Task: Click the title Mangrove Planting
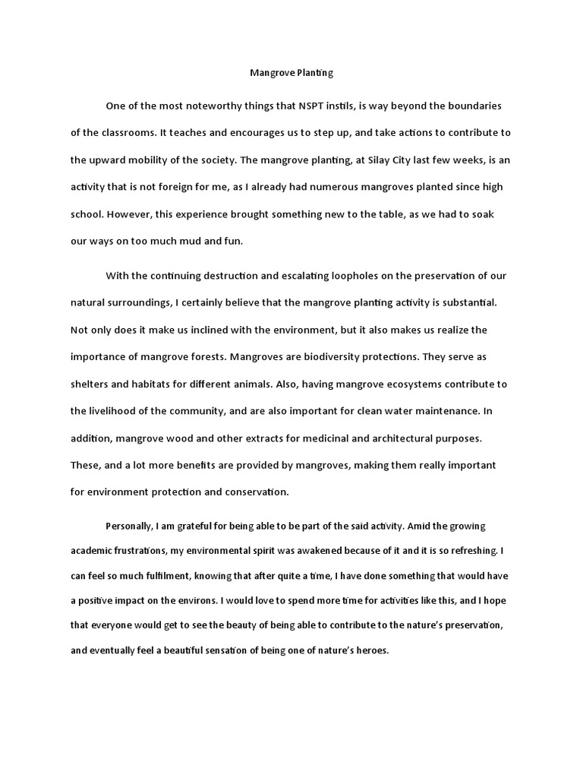[x=291, y=74]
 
